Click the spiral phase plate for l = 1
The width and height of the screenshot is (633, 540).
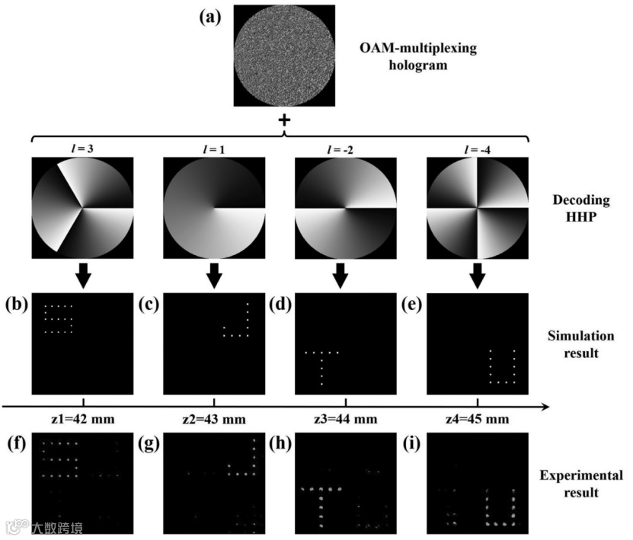214,207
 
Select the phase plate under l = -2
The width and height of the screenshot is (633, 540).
346,207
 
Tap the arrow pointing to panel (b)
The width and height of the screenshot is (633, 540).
83,276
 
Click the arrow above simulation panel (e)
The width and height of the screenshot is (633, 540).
478,276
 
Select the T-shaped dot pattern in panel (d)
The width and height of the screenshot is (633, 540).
321,363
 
